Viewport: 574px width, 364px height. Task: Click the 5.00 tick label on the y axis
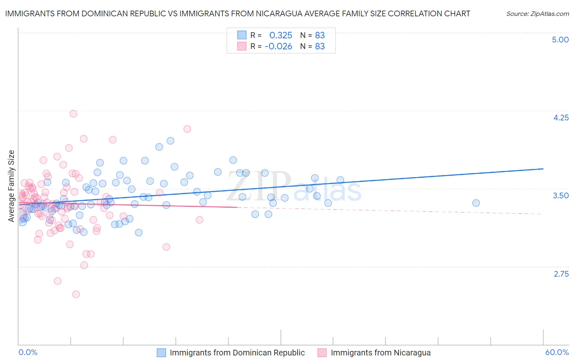560,40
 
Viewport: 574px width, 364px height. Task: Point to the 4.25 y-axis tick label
561,118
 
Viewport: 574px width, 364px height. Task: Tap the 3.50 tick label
561,195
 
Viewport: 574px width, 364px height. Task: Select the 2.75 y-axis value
561,274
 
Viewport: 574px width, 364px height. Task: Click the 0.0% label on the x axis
28,352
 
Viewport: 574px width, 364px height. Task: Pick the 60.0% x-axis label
557,352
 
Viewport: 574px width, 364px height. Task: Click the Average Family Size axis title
11,186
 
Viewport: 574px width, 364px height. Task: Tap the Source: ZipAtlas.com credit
537,13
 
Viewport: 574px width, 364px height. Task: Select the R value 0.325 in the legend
280,36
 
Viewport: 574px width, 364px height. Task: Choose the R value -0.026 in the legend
278,47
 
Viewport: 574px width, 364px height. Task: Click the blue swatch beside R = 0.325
242,36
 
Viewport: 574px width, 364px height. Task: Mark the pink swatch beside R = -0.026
242,47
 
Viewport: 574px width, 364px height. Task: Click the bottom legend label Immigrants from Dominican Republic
237,353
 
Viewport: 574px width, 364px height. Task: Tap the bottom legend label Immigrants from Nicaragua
380,353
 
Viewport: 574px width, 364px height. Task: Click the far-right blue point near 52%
476,203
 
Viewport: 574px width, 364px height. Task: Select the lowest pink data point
76,294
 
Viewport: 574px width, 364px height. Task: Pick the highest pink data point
73,114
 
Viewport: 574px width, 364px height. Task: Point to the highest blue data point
170,141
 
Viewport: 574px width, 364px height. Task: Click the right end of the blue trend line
543,169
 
